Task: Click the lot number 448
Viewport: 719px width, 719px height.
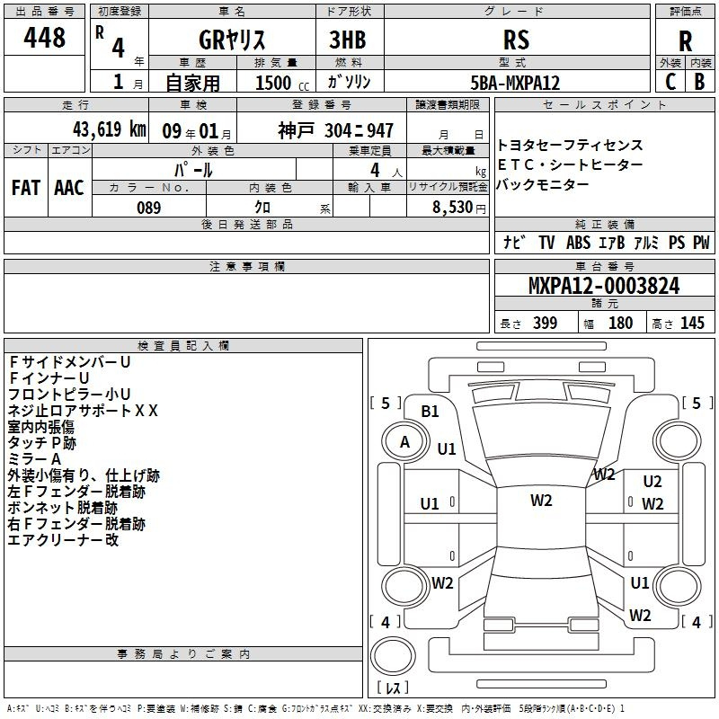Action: pos(44,38)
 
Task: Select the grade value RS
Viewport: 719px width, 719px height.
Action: pos(516,40)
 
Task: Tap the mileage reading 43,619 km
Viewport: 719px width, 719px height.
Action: pos(109,129)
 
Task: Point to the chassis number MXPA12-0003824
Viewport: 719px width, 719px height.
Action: pos(604,286)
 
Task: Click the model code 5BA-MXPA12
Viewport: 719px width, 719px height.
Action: pos(515,83)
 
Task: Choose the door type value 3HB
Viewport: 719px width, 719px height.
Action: pos(348,40)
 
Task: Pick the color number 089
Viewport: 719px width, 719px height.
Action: pos(148,208)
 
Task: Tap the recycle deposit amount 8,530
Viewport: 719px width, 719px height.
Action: pos(453,208)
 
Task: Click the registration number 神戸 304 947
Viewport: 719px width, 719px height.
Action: pos(335,130)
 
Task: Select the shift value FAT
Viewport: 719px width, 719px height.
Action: pos(26,188)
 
